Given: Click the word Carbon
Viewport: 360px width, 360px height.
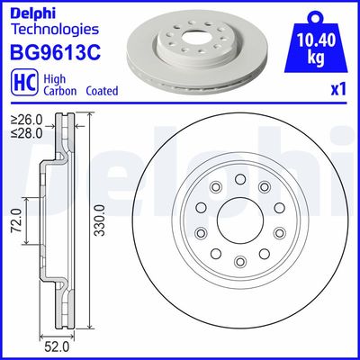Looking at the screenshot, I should (51, 91).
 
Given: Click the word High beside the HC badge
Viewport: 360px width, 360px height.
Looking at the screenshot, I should (51, 77).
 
